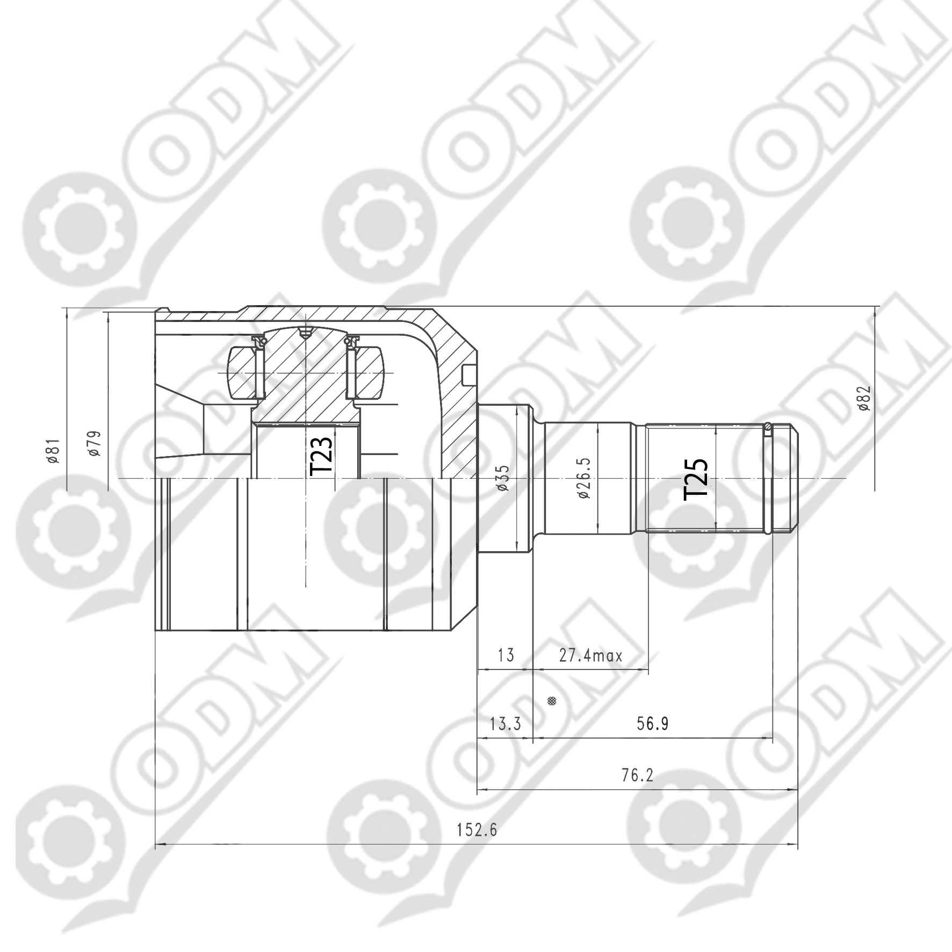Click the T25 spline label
[x=696, y=479]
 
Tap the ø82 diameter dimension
[x=864, y=398]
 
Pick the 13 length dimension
[x=506, y=655]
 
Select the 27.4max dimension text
[x=590, y=655]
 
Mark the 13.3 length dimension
[x=506, y=724]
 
